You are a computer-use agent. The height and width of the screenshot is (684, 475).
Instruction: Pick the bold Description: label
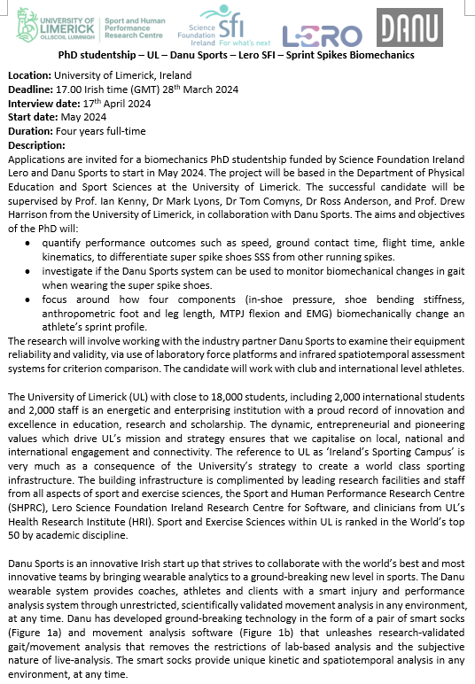tap(36, 144)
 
